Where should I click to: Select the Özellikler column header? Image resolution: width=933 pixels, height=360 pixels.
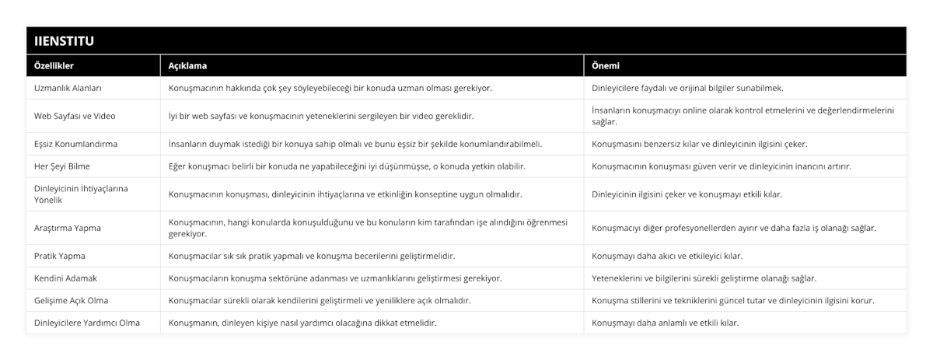pyautogui.click(x=54, y=66)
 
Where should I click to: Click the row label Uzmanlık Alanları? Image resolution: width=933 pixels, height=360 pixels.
pyautogui.click(x=68, y=88)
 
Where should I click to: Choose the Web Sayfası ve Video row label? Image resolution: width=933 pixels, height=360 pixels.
pyautogui.click(x=75, y=116)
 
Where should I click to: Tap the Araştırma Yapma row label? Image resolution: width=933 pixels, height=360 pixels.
pyautogui.click(x=67, y=228)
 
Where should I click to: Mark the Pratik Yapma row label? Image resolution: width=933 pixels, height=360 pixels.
pyautogui.click(x=60, y=256)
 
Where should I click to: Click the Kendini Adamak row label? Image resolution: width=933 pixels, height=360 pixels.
pyautogui.click(x=65, y=278)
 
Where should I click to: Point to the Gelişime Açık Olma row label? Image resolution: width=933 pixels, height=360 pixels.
pyautogui.click(x=71, y=300)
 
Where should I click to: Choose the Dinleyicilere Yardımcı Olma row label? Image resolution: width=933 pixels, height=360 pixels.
pyautogui.click(x=87, y=323)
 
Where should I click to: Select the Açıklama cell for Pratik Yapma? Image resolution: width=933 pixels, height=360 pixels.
pyautogui.click(x=311, y=256)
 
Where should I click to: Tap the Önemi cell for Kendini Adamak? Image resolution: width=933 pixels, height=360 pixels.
pyautogui.click(x=704, y=278)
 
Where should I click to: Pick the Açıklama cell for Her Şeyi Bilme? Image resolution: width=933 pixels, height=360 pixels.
pyautogui.click(x=347, y=166)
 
